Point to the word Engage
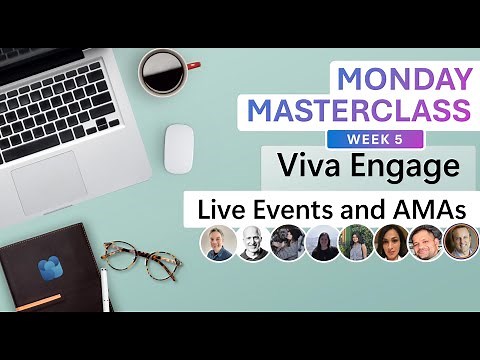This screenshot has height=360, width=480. tap(400, 167)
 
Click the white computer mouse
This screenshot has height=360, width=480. tap(180, 147)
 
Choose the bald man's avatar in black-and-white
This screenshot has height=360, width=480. tap(252, 243)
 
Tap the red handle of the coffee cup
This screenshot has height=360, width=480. tap(192, 66)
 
